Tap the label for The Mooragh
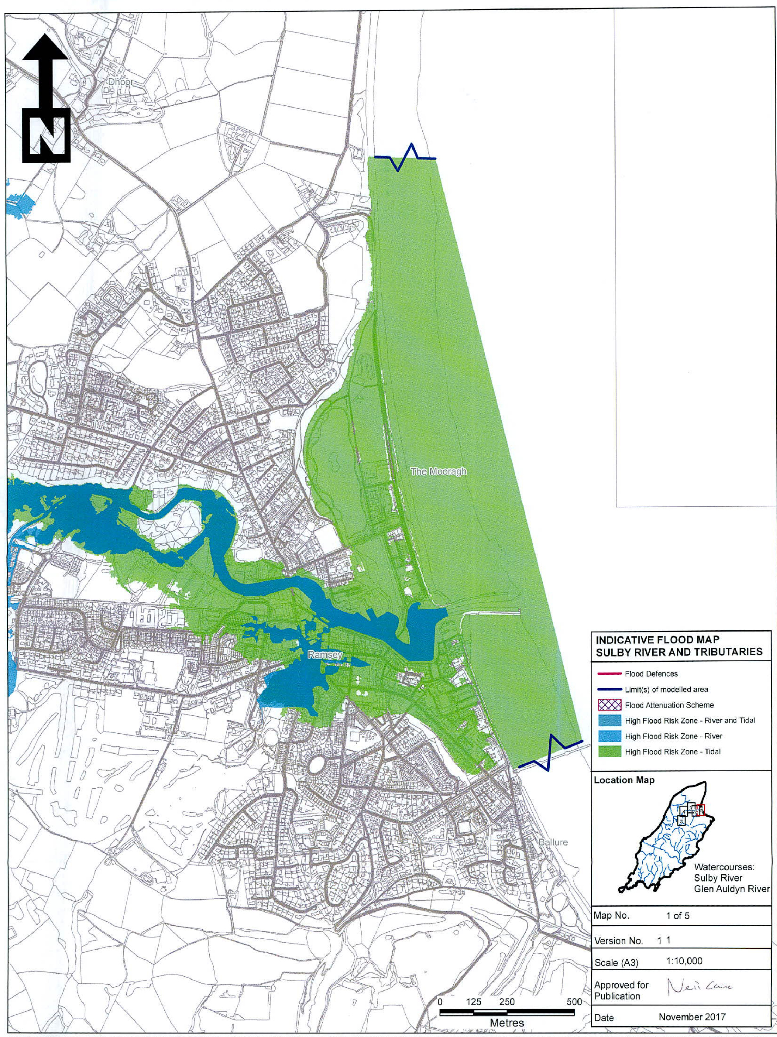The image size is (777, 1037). coord(438,471)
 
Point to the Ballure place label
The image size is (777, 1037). coord(553,842)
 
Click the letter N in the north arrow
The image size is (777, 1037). coord(45,135)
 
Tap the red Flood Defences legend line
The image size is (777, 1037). coord(609,674)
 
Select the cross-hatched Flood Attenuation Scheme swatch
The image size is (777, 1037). coord(609,705)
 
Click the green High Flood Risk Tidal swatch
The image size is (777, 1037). coord(609,751)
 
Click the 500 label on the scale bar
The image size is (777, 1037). coord(574,1001)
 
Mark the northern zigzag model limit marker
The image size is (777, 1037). coord(405,158)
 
